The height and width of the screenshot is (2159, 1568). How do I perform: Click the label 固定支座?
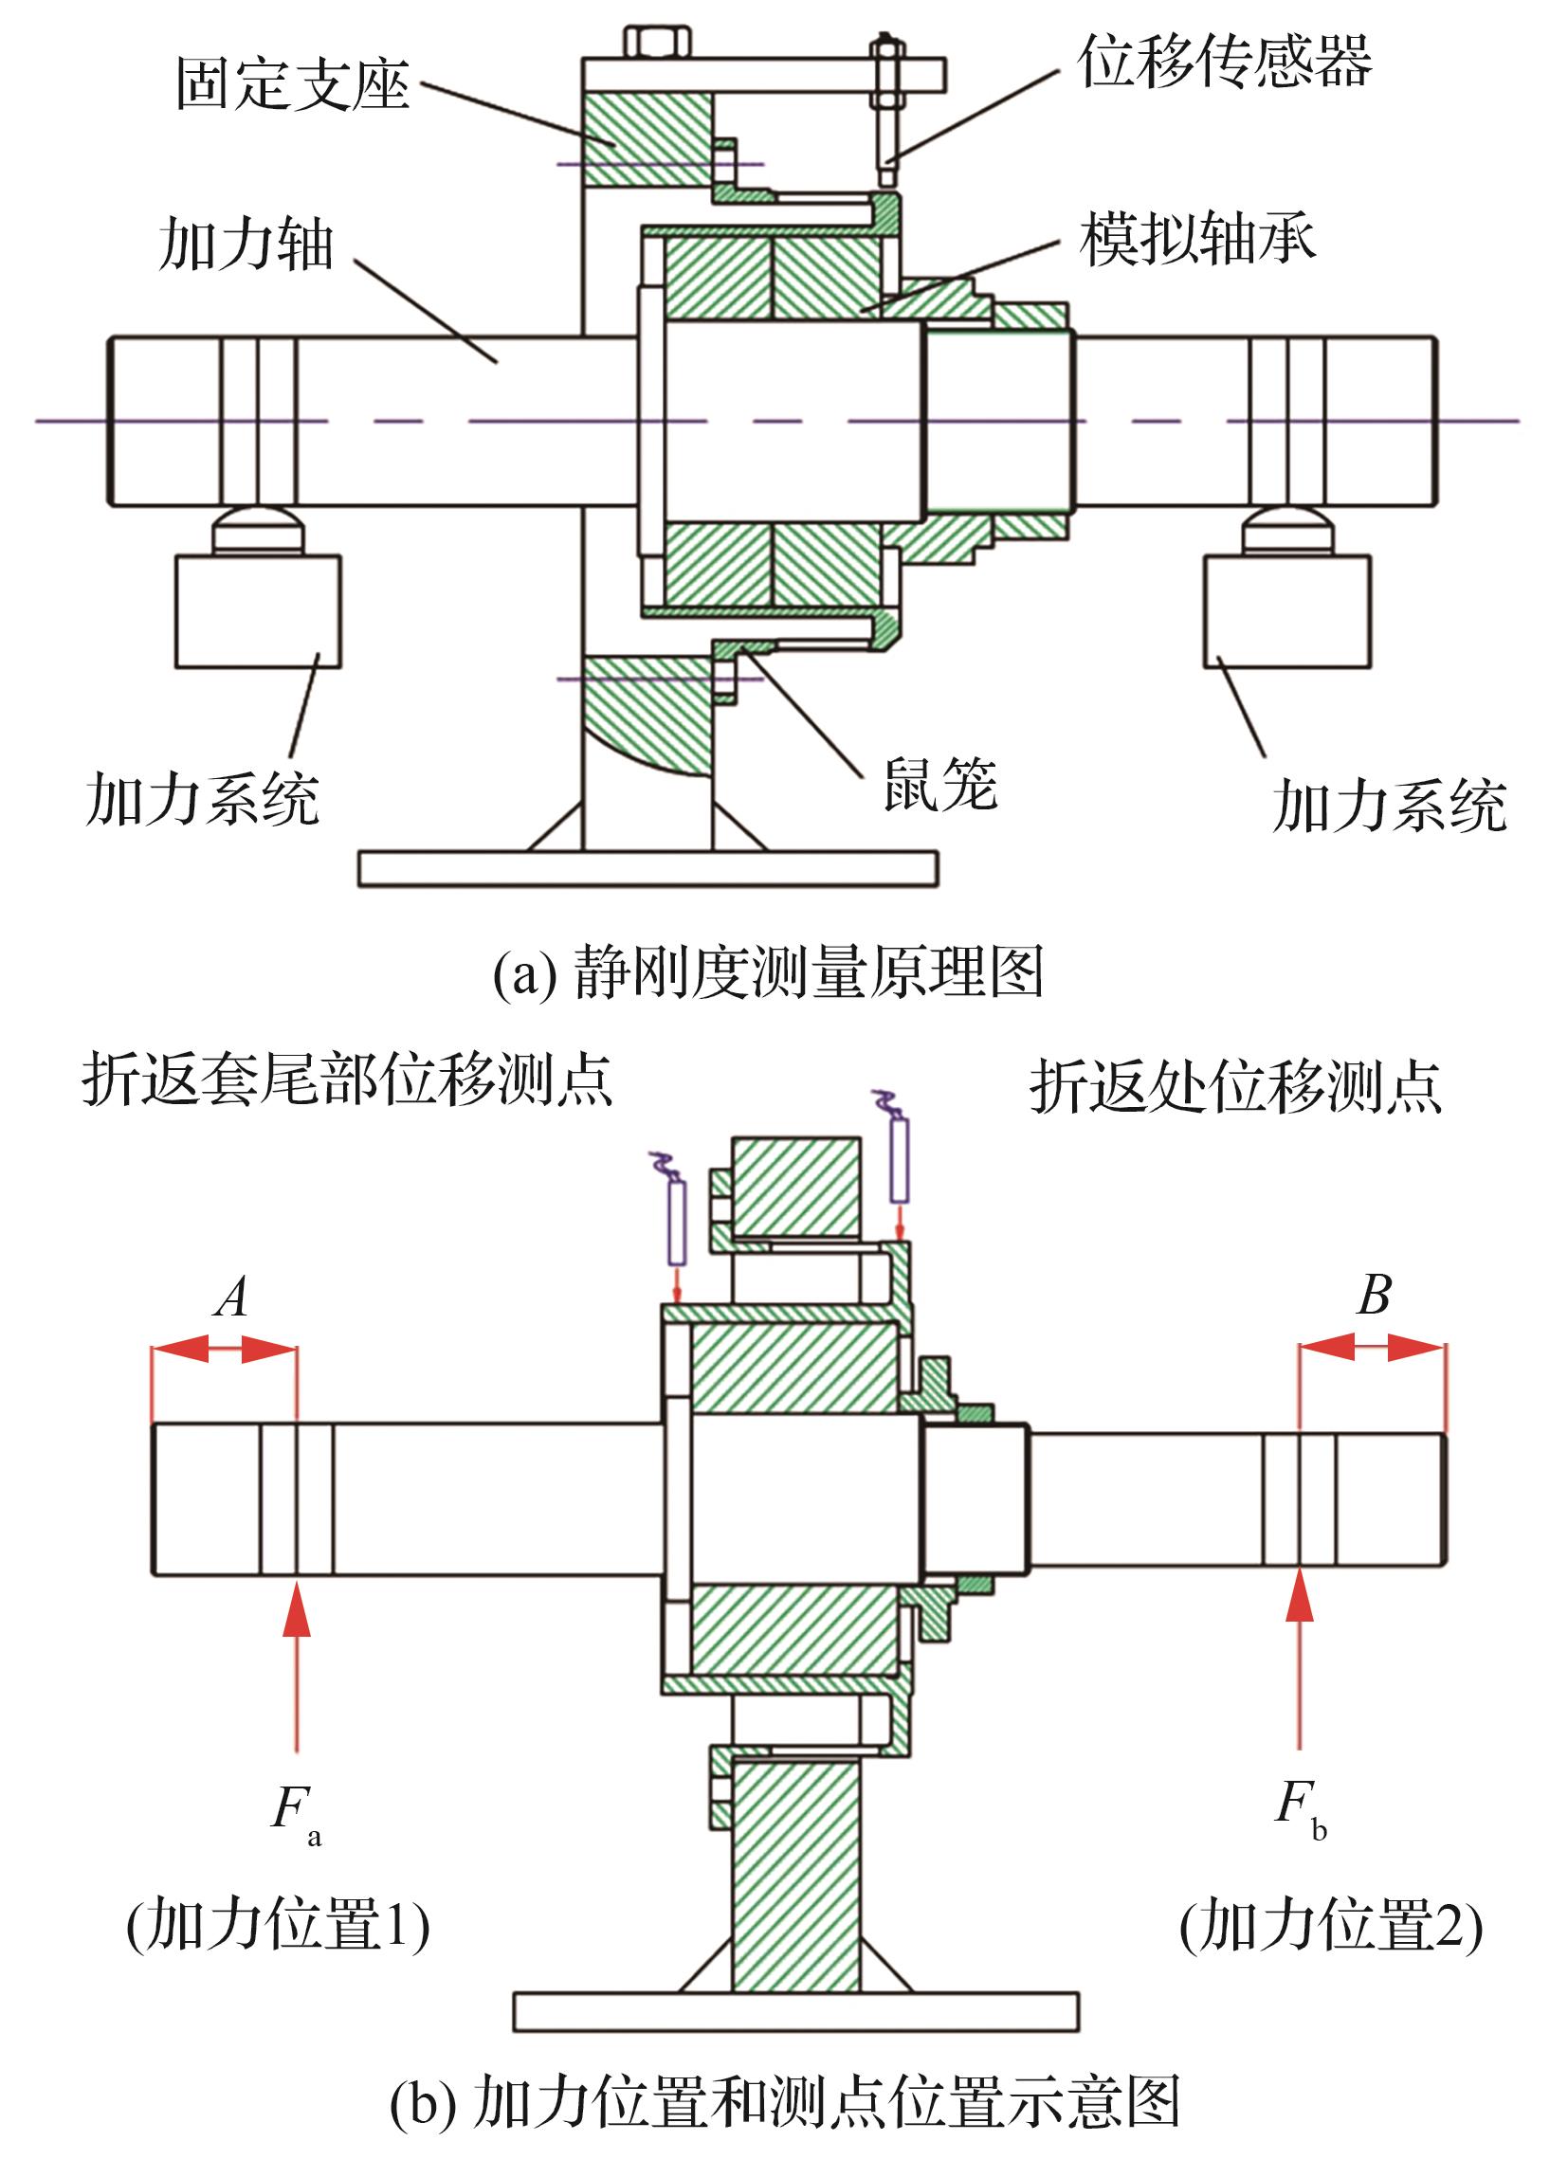(x=292, y=83)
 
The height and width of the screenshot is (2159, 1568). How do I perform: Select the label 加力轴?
(x=246, y=245)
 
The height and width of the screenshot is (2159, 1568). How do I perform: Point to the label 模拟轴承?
(x=1197, y=238)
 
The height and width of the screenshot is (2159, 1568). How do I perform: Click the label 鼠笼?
(x=940, y=786)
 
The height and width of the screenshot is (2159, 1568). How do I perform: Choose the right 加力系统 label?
(x=1389, y=806)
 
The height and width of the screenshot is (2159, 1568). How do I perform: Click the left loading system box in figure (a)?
(x=258, y=611)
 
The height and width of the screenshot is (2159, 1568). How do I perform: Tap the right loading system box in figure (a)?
(x=1287, y=611)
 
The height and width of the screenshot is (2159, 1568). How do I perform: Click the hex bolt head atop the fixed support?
(x=658, y=43)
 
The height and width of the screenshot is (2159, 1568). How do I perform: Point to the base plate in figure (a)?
(x=647, y=869)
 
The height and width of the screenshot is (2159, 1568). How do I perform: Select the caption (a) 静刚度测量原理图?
(x=767, y=973)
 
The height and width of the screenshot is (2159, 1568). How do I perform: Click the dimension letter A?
(x=231, y=1297)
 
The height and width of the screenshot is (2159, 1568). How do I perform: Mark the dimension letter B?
(x=1374, y=1295)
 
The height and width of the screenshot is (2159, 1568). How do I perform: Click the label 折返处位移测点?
(x=1236, y=1087)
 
